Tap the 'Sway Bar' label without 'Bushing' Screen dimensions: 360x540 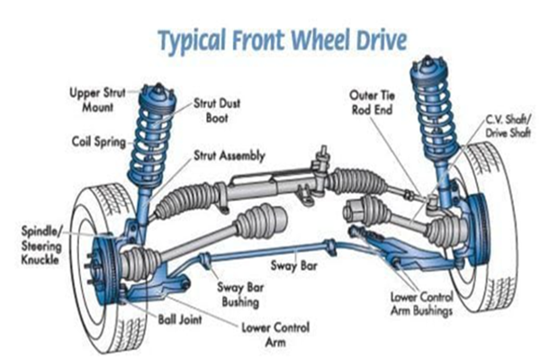point(291,266)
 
